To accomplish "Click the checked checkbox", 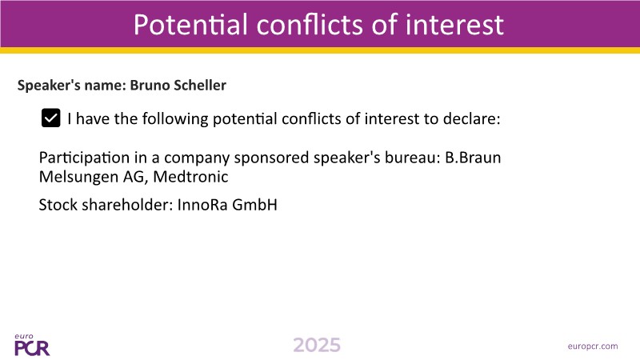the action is click(x=51, y=118).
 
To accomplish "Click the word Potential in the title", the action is click(x=190, y=25).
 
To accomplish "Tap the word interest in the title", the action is click(x=454, y=25).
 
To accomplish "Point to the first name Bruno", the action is click(x=150, y=85).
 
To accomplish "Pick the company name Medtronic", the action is click(x=190, y=177).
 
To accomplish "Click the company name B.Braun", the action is click(x=473, y=158).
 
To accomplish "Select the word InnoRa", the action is click(x=202, y=205).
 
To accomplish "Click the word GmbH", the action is click(x=254, y=205).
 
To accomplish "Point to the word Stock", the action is click(x=58, y=205).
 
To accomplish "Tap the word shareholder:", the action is click(x=128, y=205).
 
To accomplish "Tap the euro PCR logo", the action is click(x=32, y=345).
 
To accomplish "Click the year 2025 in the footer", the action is click(x=317, y=346).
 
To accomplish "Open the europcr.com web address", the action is click(x=593, y=346).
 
